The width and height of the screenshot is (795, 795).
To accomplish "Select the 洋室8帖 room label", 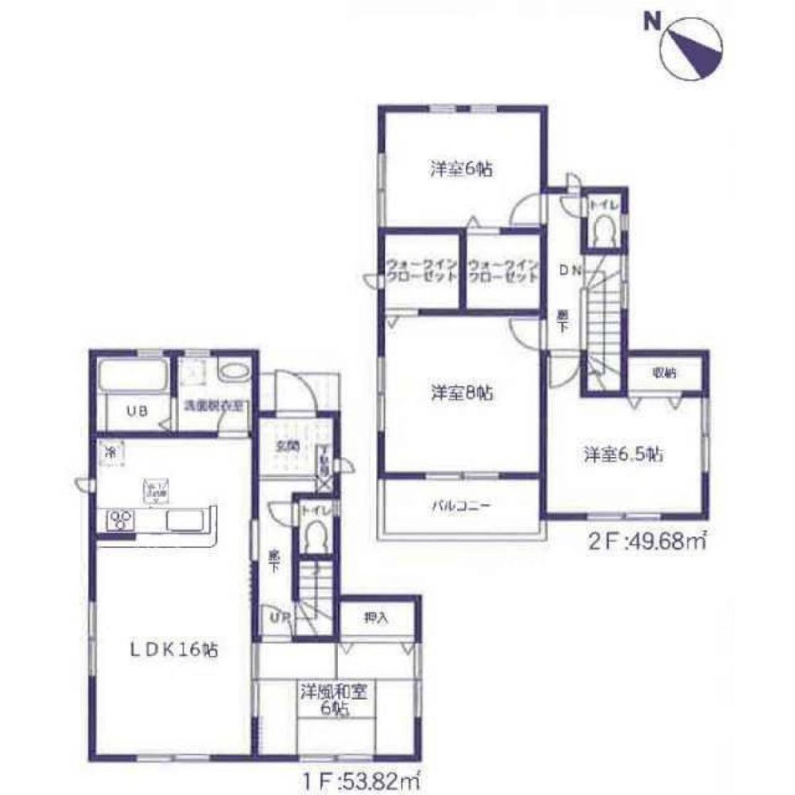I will coord(460,392).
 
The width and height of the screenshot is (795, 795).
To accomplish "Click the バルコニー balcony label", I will coord(461,505).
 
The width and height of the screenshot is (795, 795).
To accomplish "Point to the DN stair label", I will coord(570,270).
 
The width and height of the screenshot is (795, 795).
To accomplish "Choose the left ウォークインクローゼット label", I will coord(421,271).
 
